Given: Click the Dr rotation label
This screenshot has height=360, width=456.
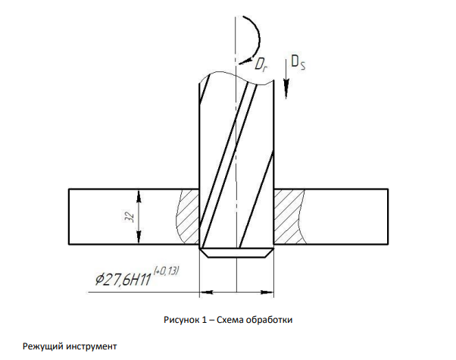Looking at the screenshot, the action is point(261,64).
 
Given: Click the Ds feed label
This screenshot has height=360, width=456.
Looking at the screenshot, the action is point(298,62).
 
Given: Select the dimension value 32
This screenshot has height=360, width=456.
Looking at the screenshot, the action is point(130,217).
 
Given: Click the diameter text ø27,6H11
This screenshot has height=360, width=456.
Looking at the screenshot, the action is point(123,280).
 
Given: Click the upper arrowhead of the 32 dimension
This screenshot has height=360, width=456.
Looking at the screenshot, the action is point(139,196).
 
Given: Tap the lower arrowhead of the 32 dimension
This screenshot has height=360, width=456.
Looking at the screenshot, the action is point(139,237).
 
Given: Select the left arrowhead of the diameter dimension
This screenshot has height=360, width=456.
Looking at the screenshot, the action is point(207,292).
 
